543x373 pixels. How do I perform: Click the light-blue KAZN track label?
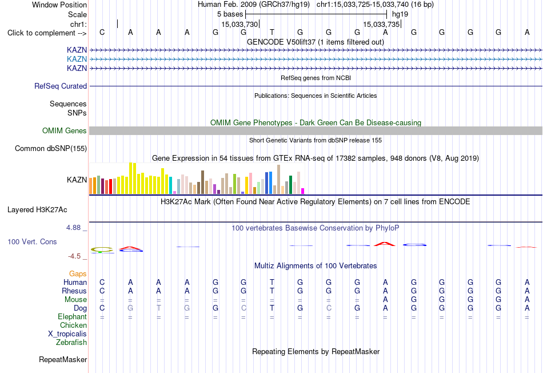(x=77, y=59)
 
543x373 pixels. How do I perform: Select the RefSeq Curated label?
(x=60, y=86)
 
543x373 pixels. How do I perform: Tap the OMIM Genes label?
(x=64, y=130)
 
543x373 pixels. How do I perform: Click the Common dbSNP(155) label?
(x=50, y=148)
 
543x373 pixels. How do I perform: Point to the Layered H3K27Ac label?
(x=37, y=210)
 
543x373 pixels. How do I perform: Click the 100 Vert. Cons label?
(x=32, y=241)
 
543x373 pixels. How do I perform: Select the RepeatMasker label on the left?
(x=63, y=359)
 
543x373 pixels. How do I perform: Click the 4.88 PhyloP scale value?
(x=73, y=228)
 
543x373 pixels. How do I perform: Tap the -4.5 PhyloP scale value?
(x=74, y=256)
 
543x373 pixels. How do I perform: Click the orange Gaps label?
(x=78, y=274)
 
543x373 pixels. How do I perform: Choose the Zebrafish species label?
(x=71, y=343)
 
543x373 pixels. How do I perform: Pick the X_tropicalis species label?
(x=67, y=334)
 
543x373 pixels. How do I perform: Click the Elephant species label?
(x=72, y=317)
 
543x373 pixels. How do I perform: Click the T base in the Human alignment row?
(x=272, y=282)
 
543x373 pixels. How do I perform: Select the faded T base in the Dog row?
(x=158, y=308)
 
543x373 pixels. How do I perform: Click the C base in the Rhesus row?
(x=102, y=291)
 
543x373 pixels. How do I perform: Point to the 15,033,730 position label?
(x=239, y=24)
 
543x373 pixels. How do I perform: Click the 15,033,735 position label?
(x=381, y=24)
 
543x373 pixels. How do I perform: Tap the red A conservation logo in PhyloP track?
(x=385, y=244)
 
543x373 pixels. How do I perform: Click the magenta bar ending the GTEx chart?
(x=303, y=191)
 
